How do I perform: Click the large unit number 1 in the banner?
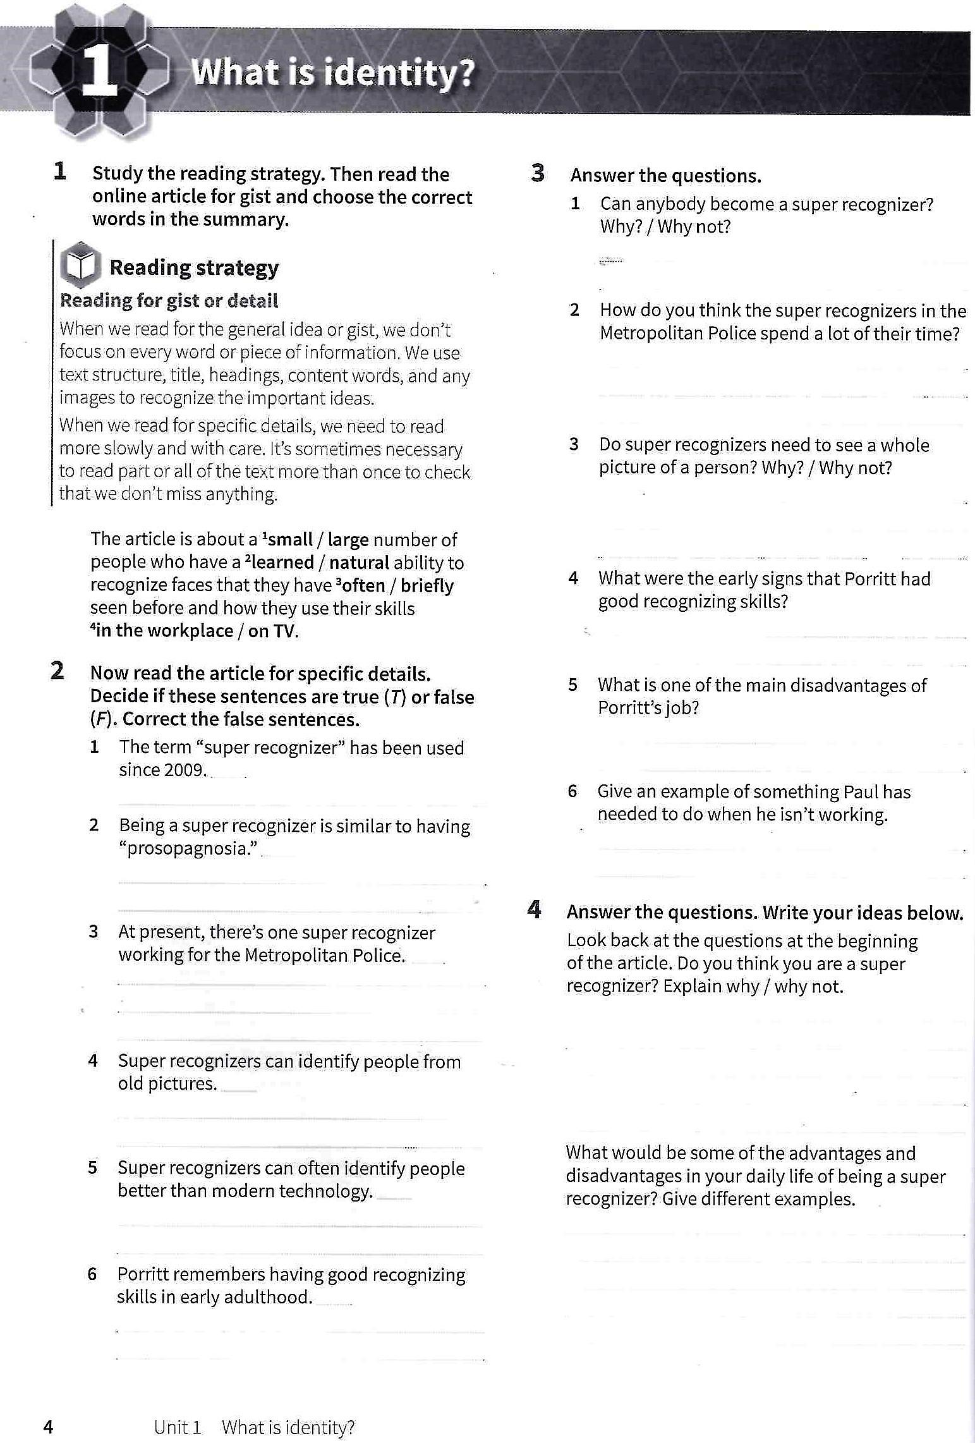[x=100, y=71]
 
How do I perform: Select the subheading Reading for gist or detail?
[x=169, y=301]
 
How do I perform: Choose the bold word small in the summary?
[x=290, y=539]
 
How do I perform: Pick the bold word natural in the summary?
[x=359, y=563]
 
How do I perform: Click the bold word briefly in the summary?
[x=427, y=585]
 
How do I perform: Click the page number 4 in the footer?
[x=48, y=1427]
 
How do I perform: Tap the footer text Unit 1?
[x=178, y=1427]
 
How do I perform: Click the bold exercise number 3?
[x=538, y=173]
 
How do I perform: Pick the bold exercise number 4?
[x=535, y=910]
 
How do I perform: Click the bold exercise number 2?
[x=58, y=671]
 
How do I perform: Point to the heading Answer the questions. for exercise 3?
[x=665, y=175]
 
